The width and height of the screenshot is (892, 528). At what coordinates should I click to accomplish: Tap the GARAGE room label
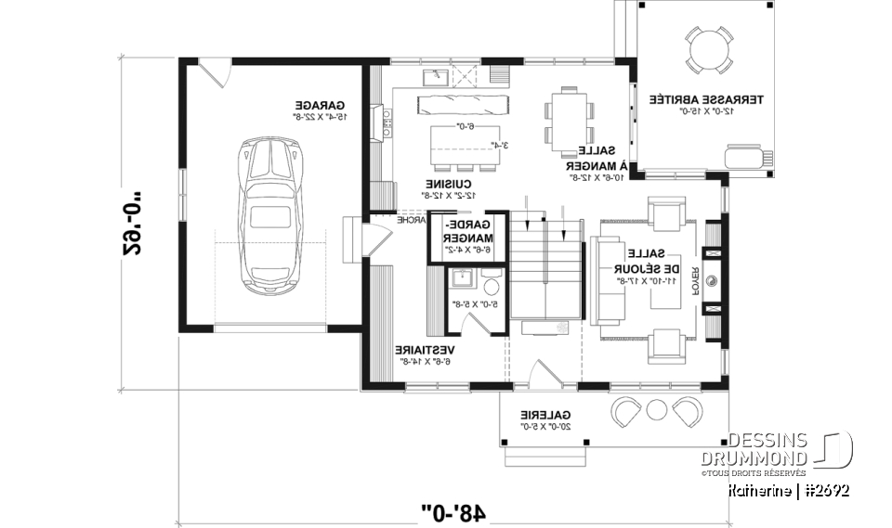(x=321, y=110)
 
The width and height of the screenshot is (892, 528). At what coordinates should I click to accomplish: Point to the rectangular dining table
(x=567, y=119)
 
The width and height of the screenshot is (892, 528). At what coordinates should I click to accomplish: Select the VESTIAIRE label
(x=424, y=355)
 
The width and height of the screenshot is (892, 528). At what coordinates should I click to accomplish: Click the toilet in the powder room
(x=492, y=281)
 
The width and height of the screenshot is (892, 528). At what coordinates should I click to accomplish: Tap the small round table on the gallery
(x=658, y=407)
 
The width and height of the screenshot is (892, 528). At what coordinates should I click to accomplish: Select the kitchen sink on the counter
(x=434, y=74)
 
